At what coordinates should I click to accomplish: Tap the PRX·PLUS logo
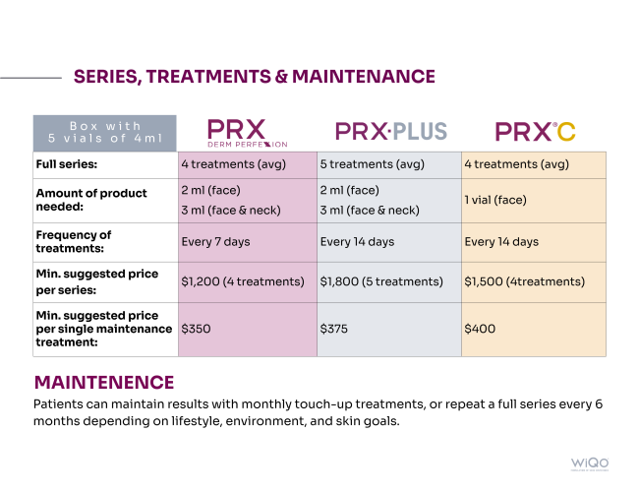pos(391,131)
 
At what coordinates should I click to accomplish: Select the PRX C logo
pos(535,132)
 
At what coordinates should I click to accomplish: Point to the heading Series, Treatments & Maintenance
pos(254,77)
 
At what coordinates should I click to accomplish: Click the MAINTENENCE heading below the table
pos(104,382)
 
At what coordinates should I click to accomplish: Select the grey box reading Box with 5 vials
pos(105,133)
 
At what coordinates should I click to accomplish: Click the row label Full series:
pos(67,164)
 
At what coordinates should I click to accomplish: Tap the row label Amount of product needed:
pos(91,200)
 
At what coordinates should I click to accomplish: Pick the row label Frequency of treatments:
pos(74,241)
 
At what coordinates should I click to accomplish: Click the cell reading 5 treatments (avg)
pos(373,164)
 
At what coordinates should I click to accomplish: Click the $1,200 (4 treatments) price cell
pos(243,281)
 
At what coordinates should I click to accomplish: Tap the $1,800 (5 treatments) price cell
pos(381,281)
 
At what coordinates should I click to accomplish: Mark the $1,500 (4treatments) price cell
pos(524,281)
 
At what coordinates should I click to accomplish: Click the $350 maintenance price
pos(196,329)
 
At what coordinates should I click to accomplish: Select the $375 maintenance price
pos(334,329)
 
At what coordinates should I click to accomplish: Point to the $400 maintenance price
pos(480,329)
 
